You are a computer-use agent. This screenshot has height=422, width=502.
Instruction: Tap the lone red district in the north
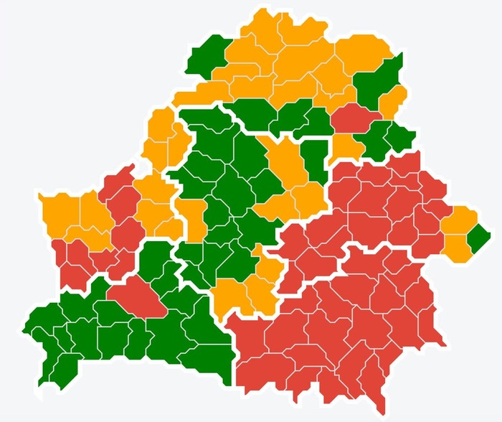tap(356, 117)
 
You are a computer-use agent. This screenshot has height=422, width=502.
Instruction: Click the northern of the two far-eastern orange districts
tap(459, 220)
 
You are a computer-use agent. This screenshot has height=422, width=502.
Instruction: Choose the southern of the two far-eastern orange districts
tap(456, 246)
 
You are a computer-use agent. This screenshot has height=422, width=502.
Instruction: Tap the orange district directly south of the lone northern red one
tap(346, 147)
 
